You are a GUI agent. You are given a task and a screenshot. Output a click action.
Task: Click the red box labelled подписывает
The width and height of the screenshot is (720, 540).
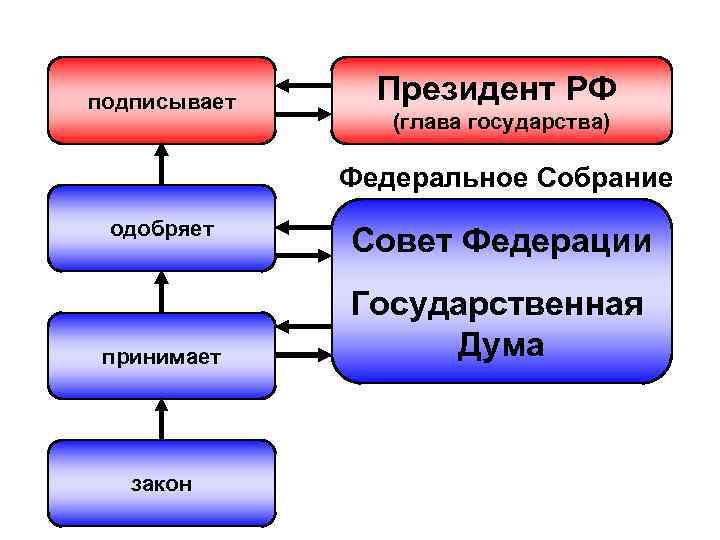(x=162, y=101)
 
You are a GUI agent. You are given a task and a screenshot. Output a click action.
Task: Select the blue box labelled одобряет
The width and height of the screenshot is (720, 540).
(x=162, y=229)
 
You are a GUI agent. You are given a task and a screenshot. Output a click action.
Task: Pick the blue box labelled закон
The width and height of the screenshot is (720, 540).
(x=162, y=484)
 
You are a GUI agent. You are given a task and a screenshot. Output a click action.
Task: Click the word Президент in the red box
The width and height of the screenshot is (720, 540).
(x=455, y=90)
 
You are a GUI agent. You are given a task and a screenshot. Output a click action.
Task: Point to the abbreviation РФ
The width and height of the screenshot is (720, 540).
(x=589, y=90)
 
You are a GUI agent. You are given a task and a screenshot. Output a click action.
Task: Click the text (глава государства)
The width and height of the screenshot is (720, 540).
(x=501, y=125)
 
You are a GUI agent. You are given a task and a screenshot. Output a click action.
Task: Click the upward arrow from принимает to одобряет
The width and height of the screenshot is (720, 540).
(x=162, y=291)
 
